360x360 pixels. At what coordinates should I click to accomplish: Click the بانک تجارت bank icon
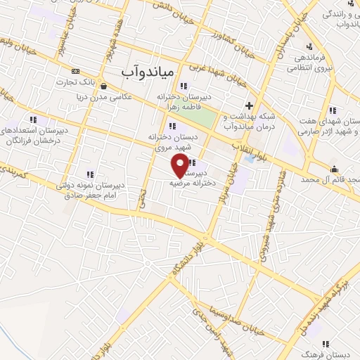tap(76, 71)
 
